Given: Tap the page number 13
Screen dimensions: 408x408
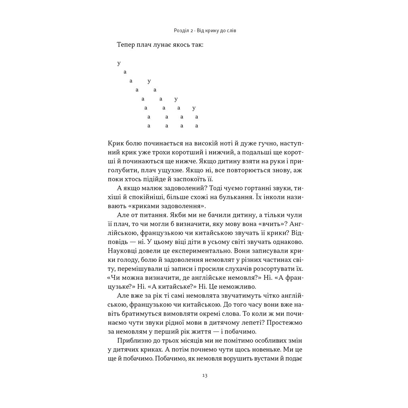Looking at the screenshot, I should click(204, 375).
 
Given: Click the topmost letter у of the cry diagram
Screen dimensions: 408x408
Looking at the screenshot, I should click(119, 63).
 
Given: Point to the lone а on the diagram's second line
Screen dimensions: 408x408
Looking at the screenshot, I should click(125, 72).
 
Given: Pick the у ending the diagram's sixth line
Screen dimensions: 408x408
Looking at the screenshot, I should click(194, 108).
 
